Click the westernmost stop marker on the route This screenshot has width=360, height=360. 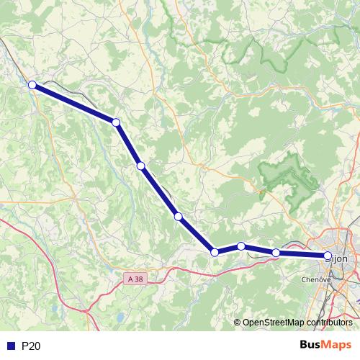click(32, 85)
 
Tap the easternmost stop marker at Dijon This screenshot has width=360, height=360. click(328, 256)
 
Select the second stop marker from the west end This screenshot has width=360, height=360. click(115, 122)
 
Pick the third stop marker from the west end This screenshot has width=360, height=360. click(141, 166)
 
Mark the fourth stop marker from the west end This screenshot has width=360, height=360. click(178, 216)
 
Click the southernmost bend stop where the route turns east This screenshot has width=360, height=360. click(214, 252)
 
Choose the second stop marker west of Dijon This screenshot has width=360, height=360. click(241, 246)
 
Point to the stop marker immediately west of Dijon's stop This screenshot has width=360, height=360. click(276, 253)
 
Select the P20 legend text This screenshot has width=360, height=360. click(31, 346)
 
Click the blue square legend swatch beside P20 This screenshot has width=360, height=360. click(10, 346)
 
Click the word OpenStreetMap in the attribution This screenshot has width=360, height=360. click(274, 323)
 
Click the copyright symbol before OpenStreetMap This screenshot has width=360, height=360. click(237, 323)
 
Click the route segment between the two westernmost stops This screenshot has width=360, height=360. click(73, 104)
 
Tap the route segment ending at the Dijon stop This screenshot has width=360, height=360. click(302, 254)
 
